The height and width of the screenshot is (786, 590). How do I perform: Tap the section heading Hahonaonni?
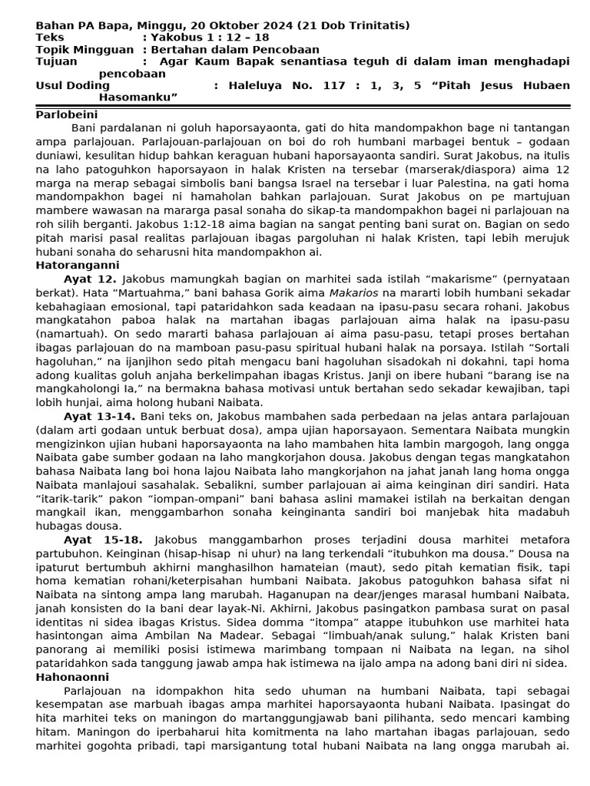click(72, 676)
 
